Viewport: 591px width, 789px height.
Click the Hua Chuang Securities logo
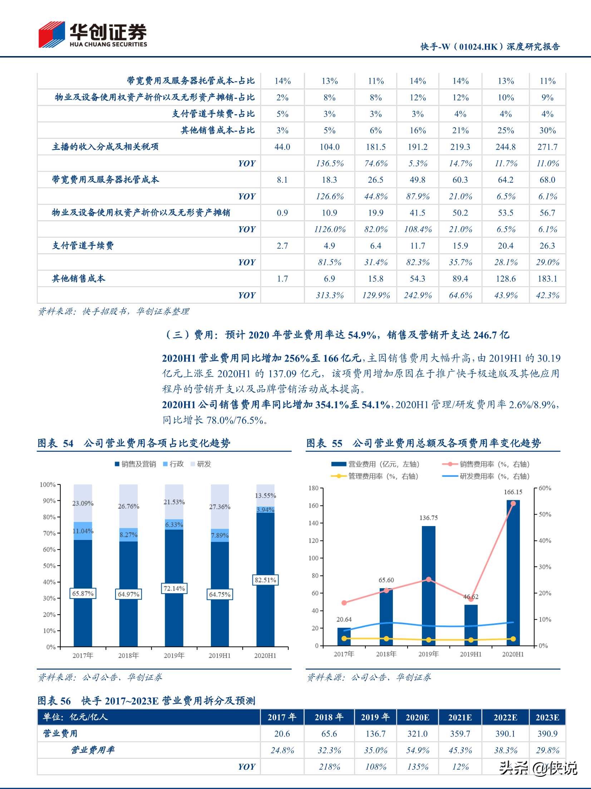click(92, 35)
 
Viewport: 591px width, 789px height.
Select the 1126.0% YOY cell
click(330, 229)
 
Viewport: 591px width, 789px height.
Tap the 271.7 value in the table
click(547, 147)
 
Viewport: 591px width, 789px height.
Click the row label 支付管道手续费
click(83, 246)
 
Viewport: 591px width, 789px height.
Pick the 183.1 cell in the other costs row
click(547, 279)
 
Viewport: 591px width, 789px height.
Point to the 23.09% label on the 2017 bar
click(83, 503)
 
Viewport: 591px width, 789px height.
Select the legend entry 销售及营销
click(136, 464)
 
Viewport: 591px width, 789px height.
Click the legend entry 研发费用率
click(486, 476)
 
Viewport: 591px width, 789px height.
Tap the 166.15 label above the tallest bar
click(513, 492)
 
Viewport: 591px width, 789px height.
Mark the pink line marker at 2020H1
click(513, 503)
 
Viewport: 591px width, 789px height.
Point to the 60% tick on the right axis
click(545, 488)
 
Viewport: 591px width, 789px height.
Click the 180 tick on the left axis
click(313, 488)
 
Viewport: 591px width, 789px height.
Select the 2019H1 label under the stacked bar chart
click(220, 656)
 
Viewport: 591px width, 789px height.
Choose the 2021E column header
click(460, 717)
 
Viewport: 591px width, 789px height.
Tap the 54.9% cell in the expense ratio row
click(418, 750)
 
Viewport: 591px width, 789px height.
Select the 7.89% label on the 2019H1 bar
click(220, 535)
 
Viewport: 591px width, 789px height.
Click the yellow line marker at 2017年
click(344, 639)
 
